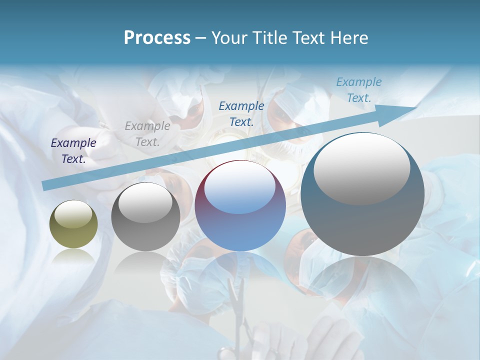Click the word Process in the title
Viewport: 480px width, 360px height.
(157, 38)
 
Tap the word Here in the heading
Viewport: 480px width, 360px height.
(348, 38)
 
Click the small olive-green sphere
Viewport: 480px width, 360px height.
(73, 224)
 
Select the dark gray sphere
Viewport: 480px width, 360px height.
(145, 217)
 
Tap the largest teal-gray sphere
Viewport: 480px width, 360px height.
(362, 194)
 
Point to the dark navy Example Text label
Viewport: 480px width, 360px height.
(73, 151)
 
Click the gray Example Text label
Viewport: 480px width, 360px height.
(147, 134)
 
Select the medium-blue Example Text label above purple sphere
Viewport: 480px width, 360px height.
(241, 113)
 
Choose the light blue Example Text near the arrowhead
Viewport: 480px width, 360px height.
(359, 90)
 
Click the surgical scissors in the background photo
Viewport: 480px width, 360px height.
(236, 305)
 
